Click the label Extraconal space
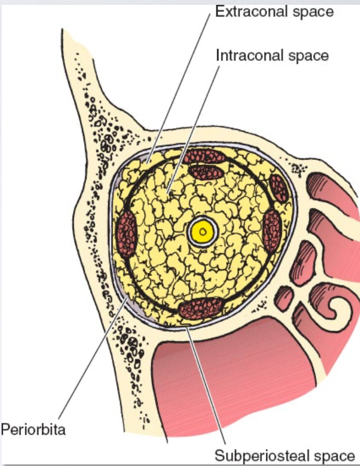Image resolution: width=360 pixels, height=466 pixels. click(274, 12)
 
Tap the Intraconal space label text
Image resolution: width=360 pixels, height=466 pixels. click(272, 54)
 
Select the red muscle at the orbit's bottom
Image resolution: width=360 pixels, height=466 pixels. click(200, 308)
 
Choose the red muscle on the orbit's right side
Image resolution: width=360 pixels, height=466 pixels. click(272, 231)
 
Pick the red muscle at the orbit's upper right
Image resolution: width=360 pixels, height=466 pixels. click(280, 188)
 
